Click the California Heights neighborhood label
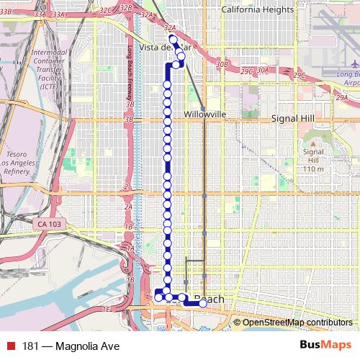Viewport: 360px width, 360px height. tap(258, 9)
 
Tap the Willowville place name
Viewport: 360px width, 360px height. tap(205, 114)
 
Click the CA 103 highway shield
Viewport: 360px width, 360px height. tap(49, 225)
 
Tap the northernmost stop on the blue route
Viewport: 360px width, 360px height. tap(172, 39)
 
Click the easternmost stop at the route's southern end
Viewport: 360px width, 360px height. tap(203, 304)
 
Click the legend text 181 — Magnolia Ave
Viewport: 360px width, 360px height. tap(71, 346)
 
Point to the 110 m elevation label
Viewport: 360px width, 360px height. tap(313, 168)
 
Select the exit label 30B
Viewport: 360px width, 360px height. tap(222, 64)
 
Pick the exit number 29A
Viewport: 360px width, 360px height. tap(341, 97)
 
